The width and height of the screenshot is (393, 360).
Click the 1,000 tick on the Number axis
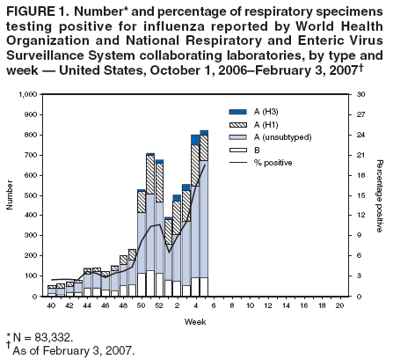point(26,94)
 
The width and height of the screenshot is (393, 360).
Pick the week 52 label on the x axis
point(159,304)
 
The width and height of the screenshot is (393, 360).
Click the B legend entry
point(256,150)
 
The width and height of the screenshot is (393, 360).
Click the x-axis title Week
point(194,322)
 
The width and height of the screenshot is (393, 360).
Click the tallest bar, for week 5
point(204,220)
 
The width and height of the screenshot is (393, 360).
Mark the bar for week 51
point(150,229)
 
